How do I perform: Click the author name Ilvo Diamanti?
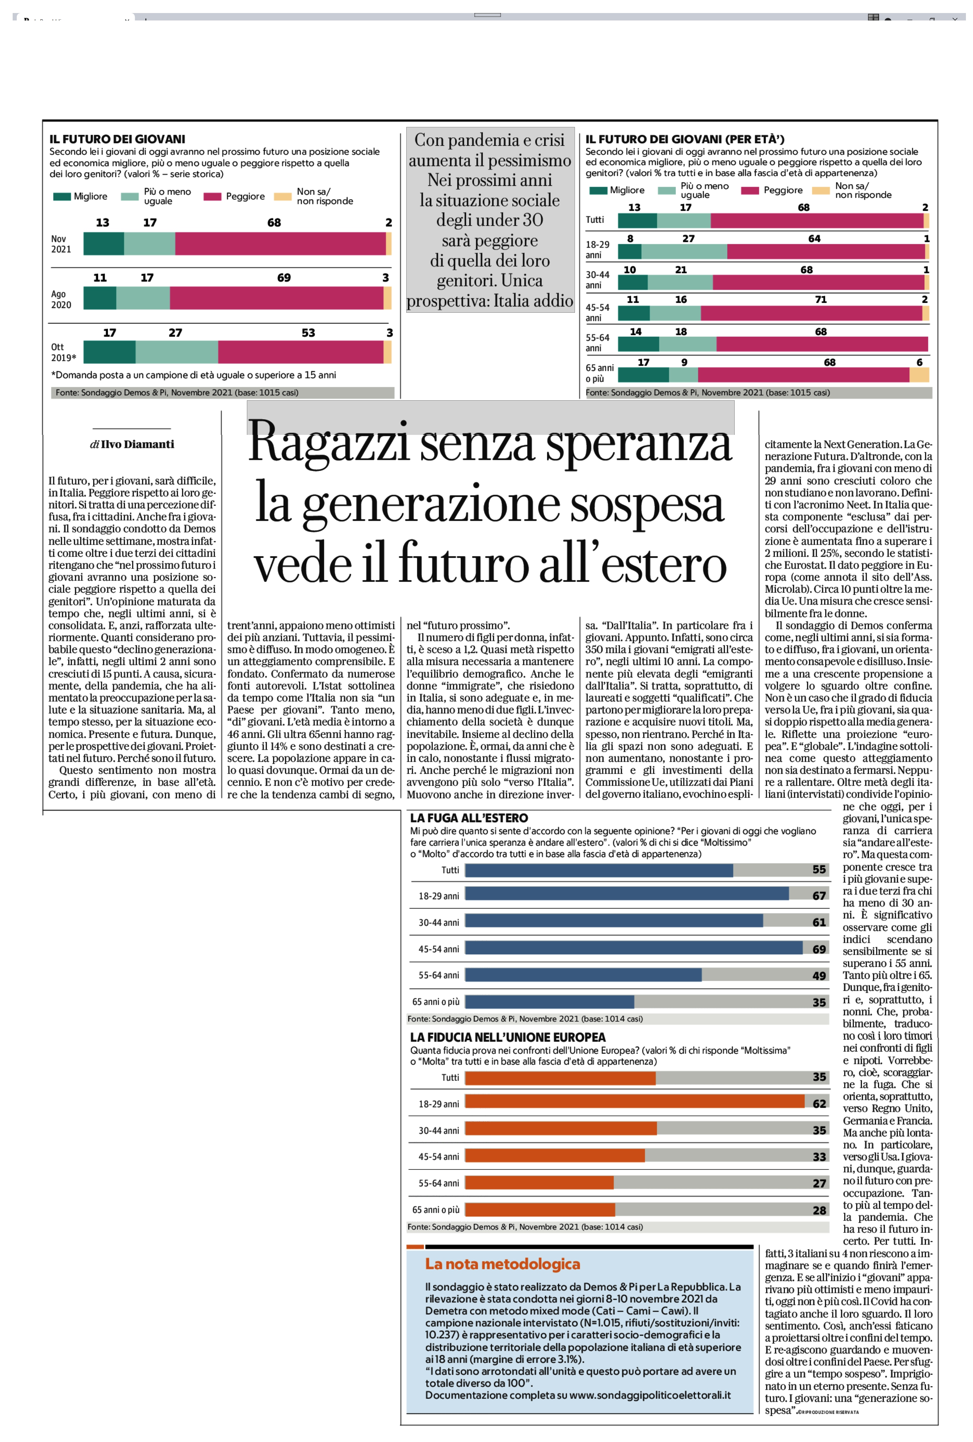(x=138, y=444)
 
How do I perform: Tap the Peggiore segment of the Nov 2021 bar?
(x=280, y=244)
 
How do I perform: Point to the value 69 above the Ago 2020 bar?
(x=284, y=277)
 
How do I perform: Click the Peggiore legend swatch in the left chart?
(x=212, y=197)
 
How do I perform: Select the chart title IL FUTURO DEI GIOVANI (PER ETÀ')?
(x=685, y=139)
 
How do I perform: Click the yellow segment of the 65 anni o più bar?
(x=919, y=375)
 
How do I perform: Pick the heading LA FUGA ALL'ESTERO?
(x=469, y=818)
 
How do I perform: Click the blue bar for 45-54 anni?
(x=633, y=948)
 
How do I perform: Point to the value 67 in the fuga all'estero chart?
(x=819, y=895)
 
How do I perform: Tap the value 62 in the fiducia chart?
(x=819, y=1103)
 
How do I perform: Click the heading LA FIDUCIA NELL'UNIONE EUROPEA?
(x=508, y=1037)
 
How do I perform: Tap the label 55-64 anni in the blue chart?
(x=439, y=975)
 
